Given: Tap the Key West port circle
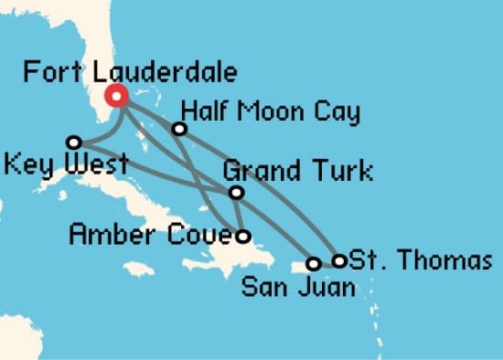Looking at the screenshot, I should click(74, 142).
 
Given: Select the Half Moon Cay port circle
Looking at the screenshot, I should click(179, 129).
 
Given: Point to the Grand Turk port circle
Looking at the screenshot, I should click(236, 192).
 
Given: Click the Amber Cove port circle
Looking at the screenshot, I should click(242, 236).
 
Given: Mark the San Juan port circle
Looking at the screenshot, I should click(313, 263).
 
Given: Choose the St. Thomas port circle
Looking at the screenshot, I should click(339, 260).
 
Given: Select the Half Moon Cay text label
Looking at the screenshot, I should click(271, 112).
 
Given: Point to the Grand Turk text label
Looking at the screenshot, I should click(298, 171).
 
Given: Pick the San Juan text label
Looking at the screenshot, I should click(297, 289).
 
